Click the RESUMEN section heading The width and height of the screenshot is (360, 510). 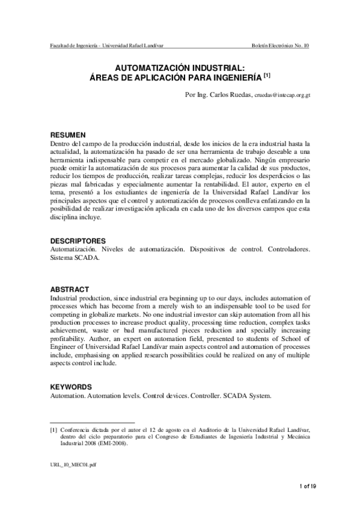(x=67, y=135)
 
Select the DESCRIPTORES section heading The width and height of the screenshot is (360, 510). (x=78, y=241)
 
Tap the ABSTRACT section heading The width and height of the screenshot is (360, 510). (x=70, y=289)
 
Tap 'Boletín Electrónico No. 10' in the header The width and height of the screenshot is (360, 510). (x=280, y=46)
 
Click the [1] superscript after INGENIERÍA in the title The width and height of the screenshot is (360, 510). (x=267, y=76)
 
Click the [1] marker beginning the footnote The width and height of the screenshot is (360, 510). (x=53, y=429)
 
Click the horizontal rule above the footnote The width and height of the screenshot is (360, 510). (x=92, y=422)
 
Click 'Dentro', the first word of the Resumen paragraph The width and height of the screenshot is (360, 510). (x=59, y=144)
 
